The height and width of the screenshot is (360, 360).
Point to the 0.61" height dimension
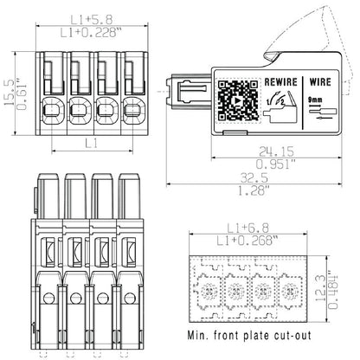tap(23, 88)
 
